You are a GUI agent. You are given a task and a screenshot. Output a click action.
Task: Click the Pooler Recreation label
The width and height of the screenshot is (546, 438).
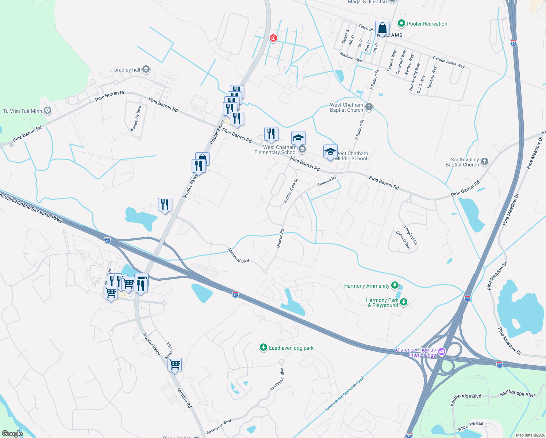(427, 24)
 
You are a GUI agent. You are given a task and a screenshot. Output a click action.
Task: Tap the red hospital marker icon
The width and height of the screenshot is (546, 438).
(273, 38)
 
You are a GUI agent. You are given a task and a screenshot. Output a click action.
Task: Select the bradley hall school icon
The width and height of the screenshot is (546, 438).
(146, 69)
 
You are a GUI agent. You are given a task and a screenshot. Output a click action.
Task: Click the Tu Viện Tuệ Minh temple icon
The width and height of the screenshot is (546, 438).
(47, 111)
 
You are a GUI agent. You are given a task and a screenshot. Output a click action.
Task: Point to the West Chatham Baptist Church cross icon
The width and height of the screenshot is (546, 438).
(369, 107)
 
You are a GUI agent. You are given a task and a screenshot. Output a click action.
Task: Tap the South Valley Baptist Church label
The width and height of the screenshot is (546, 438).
(462, 162)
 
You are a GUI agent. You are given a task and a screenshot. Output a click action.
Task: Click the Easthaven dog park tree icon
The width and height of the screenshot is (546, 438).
(263, 347)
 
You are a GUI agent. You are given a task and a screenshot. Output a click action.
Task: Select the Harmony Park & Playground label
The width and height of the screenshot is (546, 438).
(382, 303)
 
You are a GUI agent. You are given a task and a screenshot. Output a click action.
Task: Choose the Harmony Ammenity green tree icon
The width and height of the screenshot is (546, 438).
(395, 285)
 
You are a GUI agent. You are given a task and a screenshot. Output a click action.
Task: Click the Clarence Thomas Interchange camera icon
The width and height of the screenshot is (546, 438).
(441, 352)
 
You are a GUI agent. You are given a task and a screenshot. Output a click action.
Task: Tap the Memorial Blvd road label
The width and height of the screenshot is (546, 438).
(239, 255)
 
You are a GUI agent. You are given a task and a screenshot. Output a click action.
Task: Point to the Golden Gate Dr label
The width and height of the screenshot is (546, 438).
(291, 191)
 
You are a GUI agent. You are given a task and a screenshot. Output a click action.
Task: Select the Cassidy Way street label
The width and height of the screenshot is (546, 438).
(403, 240)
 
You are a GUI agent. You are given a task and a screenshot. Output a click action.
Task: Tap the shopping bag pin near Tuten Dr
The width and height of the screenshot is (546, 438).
(382, 28)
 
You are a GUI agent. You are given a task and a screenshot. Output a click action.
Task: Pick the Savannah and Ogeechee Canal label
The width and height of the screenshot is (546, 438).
(344, 394)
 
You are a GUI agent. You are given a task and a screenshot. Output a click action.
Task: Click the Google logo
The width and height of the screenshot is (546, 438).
(12, 433)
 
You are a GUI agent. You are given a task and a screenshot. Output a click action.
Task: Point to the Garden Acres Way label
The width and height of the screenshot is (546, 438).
(449, 62)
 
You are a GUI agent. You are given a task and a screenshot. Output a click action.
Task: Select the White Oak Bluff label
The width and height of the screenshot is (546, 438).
(471, 426)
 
